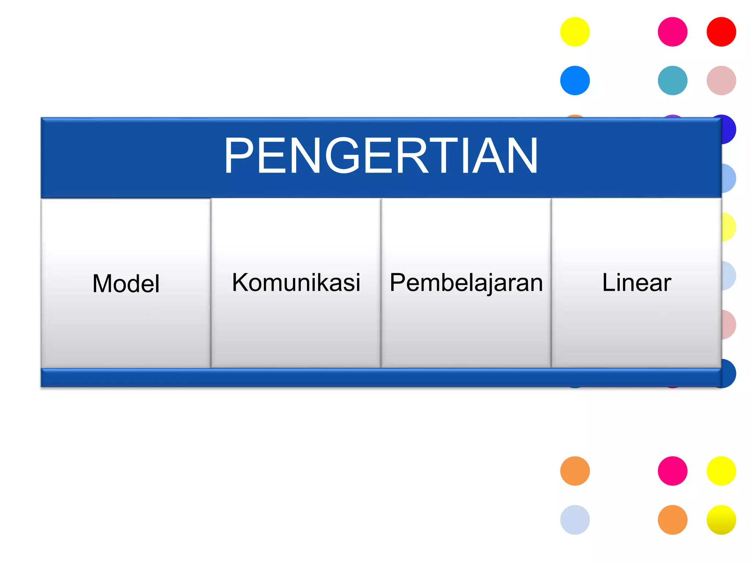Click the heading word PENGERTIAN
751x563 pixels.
pos(381,155)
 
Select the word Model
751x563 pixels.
pos(126,283)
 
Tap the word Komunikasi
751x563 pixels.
pos(296,282)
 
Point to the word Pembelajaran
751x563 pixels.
pos(466,283)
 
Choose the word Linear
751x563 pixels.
pos(637,282)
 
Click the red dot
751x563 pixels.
pos(721,32)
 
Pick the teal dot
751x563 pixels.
pos(673,81)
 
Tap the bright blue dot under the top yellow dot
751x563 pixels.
pos(575,81)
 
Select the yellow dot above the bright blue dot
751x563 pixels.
pos(575,32)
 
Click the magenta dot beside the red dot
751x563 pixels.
pos(673,32)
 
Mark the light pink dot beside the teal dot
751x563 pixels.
pos(721,81)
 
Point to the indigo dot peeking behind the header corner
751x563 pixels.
pos(729,129)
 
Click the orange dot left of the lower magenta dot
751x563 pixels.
pos(575,471)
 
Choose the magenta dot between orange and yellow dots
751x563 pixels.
pos(673,471)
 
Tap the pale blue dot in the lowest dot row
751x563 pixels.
pos(575,520)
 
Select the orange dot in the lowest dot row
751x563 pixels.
pos(673,520)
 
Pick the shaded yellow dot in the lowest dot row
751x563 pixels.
pos(721,520)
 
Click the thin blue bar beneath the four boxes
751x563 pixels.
pos(381,378)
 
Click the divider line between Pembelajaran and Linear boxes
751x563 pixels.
pos(551,282)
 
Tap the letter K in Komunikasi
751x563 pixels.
pos(240,282)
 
